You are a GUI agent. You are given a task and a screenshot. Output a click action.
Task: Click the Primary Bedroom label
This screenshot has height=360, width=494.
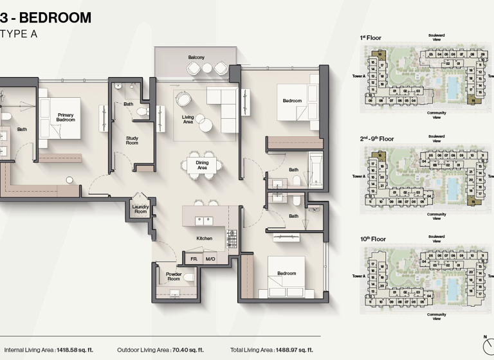tap(66, 118)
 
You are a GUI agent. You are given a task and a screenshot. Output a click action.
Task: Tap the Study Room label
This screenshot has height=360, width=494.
tap(132, 140)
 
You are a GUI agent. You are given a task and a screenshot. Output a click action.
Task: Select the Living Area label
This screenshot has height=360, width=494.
tap(188, 118)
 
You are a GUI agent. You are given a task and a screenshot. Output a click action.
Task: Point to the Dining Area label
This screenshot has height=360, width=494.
tap(203, 165)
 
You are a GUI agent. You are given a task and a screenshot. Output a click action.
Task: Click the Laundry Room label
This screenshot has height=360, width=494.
tap(140, 209)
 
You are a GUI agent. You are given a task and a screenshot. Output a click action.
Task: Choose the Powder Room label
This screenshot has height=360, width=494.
tap(174, 277)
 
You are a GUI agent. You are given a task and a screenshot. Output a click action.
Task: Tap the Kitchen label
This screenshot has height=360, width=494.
tap(205, 239)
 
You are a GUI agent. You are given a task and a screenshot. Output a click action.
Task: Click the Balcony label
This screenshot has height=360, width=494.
tap(196, 58)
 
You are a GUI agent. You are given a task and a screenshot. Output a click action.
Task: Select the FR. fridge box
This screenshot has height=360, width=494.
tap(194, 259)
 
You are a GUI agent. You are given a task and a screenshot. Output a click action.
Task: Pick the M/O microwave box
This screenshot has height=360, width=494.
tap(210, 259)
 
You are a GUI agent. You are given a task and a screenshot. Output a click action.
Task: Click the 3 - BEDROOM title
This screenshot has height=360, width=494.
tap(46, 17)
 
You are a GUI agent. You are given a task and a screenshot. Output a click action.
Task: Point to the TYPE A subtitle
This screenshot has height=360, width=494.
tap(19, 34)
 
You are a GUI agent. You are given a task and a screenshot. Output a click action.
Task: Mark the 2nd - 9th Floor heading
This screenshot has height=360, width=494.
tap(377, 139)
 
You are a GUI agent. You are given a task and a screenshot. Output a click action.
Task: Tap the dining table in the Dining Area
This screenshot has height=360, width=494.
tap(203, 164)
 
